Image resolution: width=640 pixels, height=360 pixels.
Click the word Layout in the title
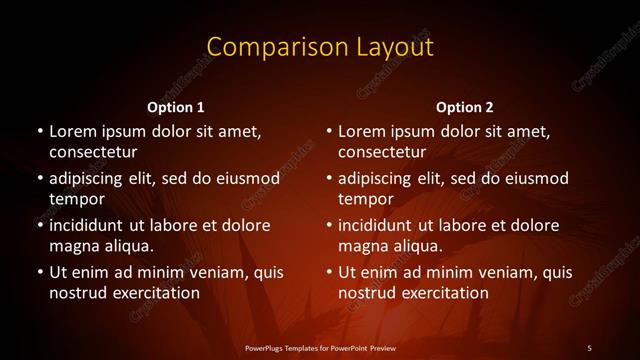[x=395, y=47]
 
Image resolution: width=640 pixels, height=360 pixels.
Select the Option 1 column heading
[x=176, y=107]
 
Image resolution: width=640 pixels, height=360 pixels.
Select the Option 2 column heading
[x=465, y=107]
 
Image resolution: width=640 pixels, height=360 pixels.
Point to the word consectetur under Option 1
[x=93, y=153]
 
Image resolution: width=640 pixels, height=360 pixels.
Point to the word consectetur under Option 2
[x=383, y=153]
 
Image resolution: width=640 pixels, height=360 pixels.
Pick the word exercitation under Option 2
[x=441, y=293]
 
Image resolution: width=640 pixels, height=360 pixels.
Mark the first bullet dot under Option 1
[x=38, y=132]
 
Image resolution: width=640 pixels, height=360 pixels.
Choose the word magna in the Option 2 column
[x=363, y=246]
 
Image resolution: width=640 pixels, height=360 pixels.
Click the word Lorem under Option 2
[x=360, y=132]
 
